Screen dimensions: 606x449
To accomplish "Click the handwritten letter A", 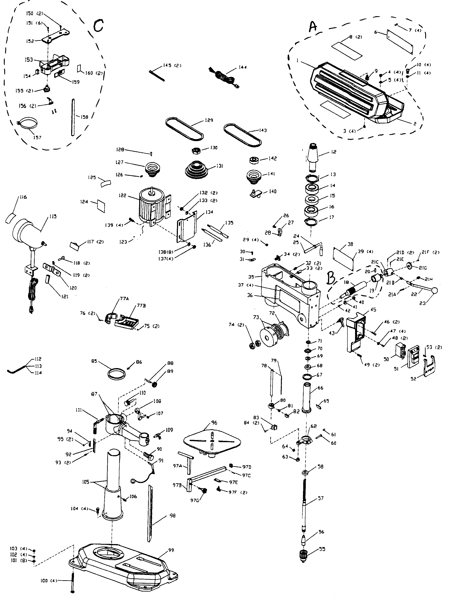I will tap(313, 27).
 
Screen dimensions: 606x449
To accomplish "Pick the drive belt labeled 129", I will tap(184, 129).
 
